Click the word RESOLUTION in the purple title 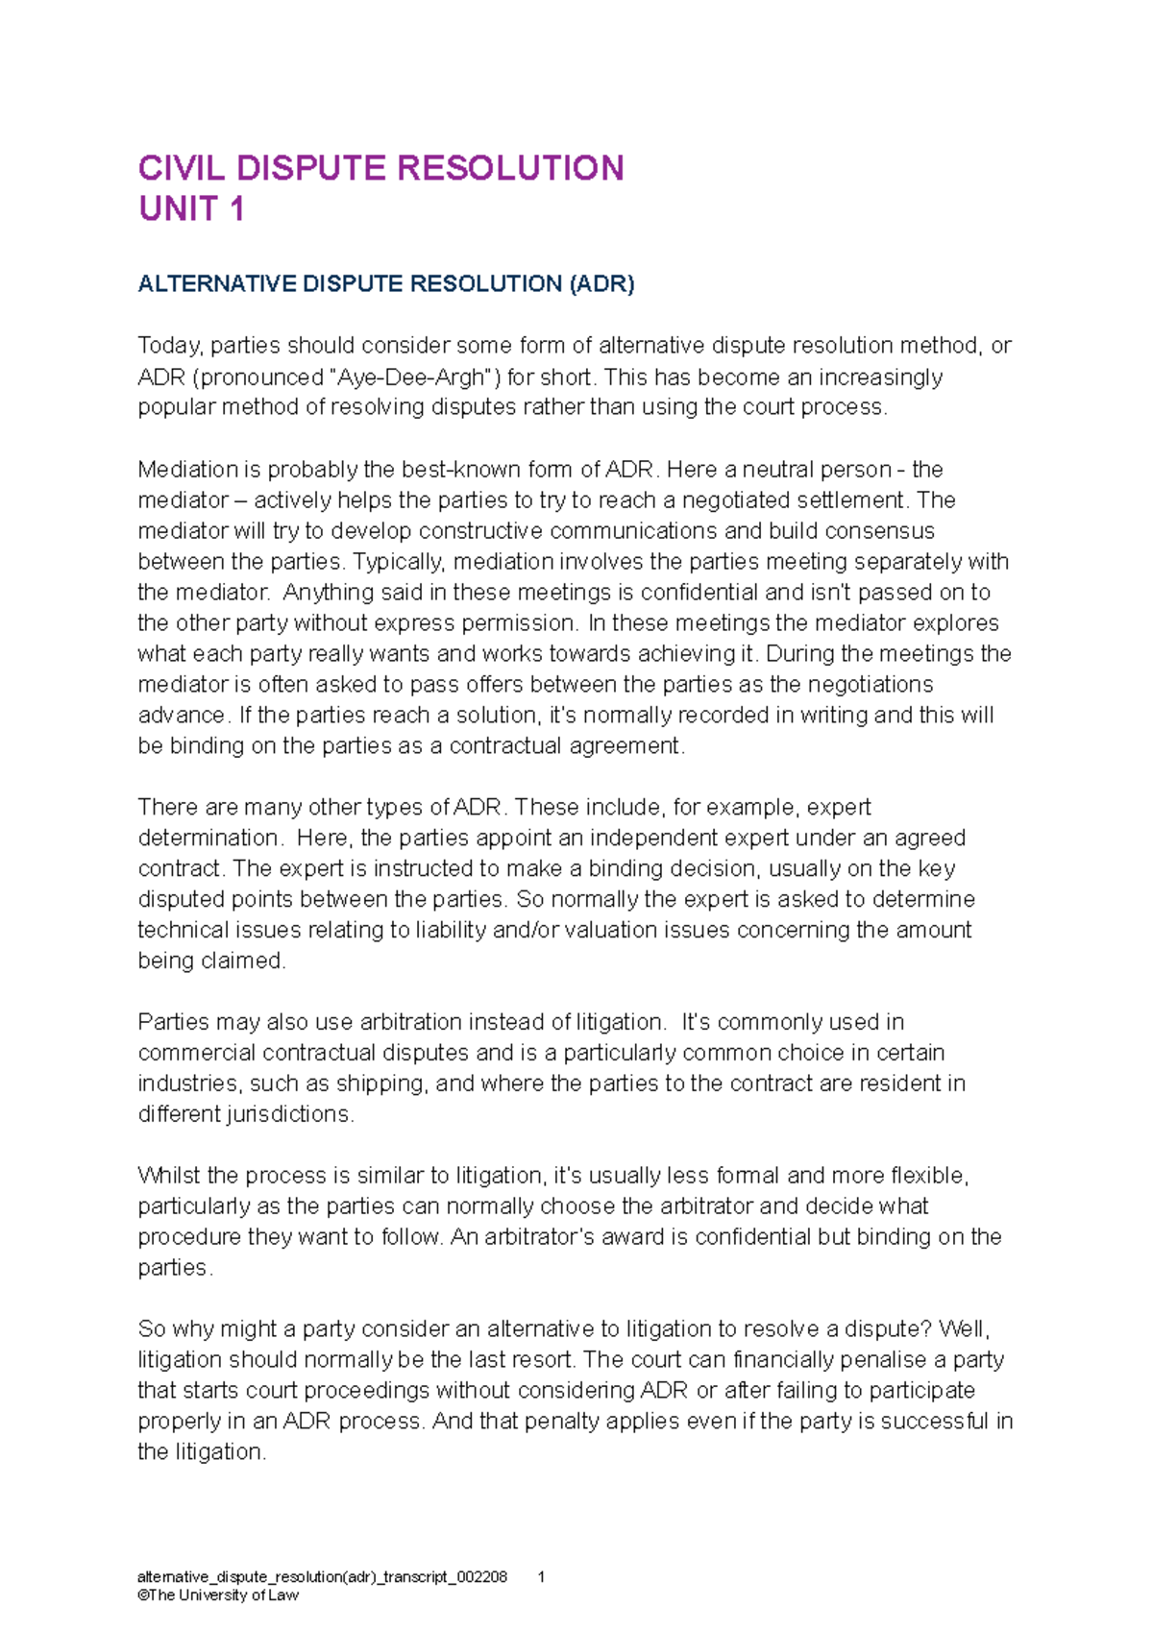click(x=510, y=168)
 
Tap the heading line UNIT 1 click(x=191, y=208)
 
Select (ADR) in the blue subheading click(x=601, y=284)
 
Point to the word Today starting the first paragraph click(x=169, y=346)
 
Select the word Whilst click(x=169, y=1177)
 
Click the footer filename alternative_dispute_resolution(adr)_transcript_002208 click(x=322, y=1577)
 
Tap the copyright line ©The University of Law click(x=218, y=1595)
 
